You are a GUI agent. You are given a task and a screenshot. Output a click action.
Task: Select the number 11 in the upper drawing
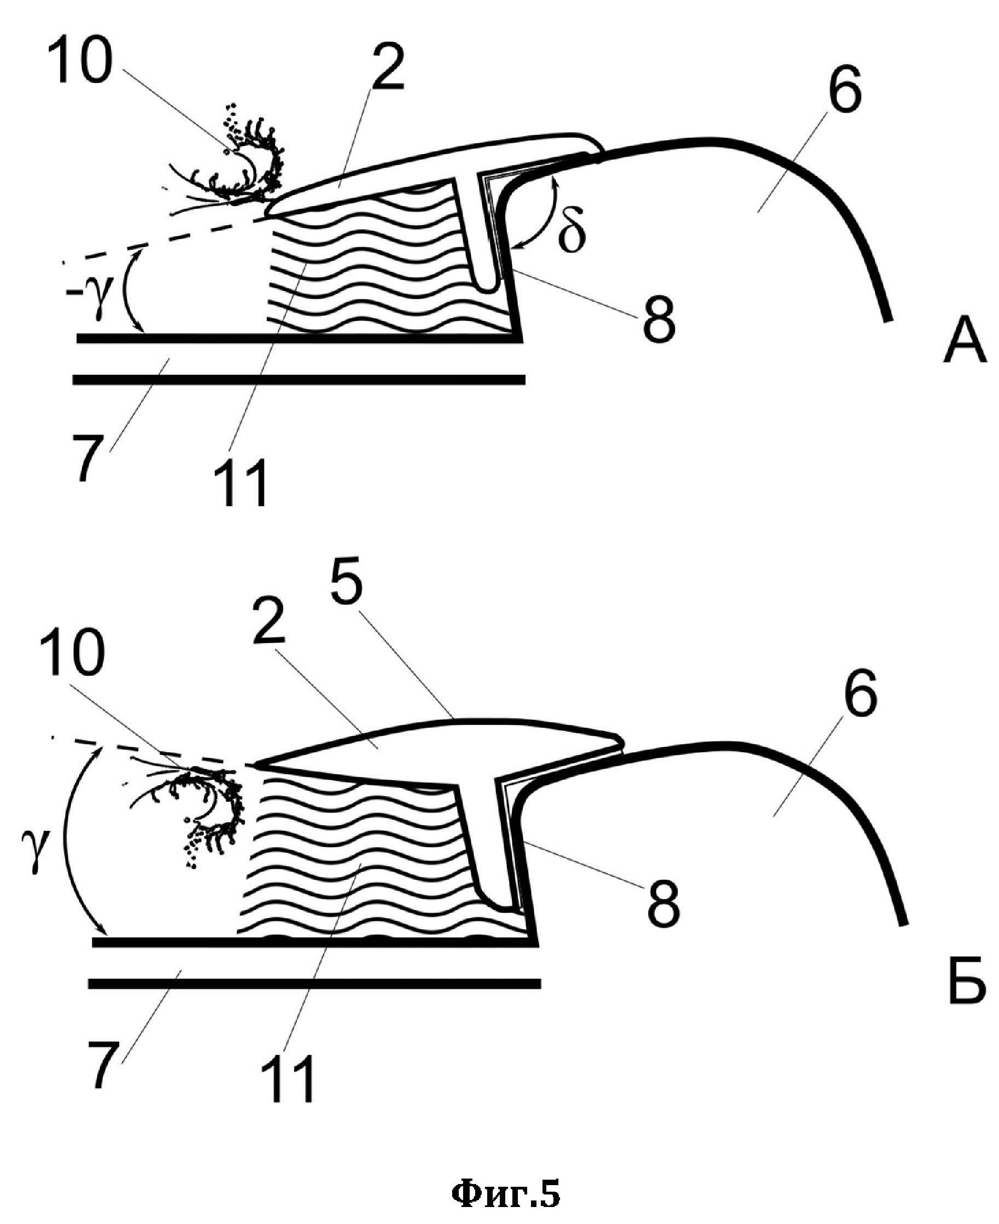[x=240, y=483]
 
